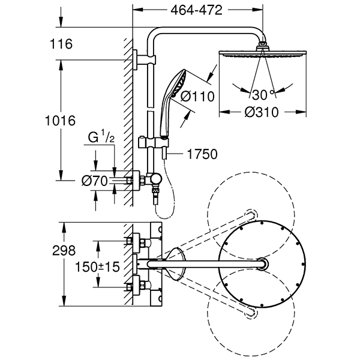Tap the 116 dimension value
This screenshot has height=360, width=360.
click(x=62, y=43)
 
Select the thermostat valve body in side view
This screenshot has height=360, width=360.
click(x=146, y=178)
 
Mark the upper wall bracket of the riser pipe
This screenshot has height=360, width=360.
click(x=142, y=58)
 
